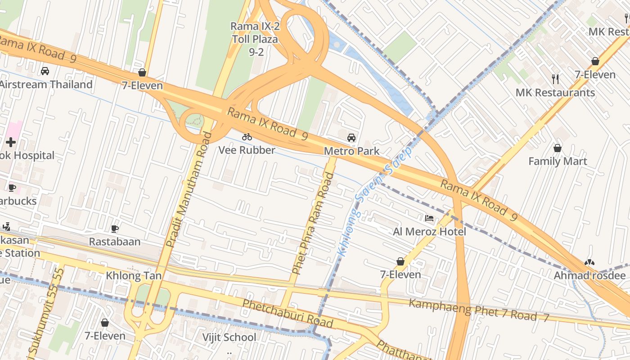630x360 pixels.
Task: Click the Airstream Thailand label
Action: pyautogui.click(x=46, y=85)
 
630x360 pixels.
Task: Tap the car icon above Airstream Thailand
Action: pyautogui.click(x=45, y=71)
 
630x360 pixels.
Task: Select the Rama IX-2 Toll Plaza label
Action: pyautogui.click(x=255, y=39)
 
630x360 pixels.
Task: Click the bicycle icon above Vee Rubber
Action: pyautogui.click(x=247, y=137)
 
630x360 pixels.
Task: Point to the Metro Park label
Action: pyautogui.click(x=351, y=151)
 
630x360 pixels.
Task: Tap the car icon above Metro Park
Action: pyautogui.click(x=351, y=138)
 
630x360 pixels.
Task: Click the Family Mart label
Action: pyautogui.click(x=557, y=161)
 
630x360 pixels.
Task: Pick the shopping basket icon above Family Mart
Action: pyautogui.click(x=557, y=148)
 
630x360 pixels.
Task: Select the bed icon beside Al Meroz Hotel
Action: pyautogui.click(x=429, y=219)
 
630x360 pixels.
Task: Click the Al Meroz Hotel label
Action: pyautogui.click(x=429, y=232)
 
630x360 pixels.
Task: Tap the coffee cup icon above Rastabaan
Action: pyautogui.click(x=114, y=229)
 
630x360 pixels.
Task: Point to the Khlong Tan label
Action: pyautogui.click(x=133, y=275)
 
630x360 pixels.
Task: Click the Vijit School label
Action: pyautogui.click(x=229, y=337)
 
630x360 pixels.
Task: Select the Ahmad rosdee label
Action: pyautogui.click(x=589, y=275)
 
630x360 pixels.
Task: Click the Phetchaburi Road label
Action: pyautogui.click(x=288, y=313)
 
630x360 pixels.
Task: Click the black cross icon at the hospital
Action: pyautogui.click(x=11, y=143)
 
